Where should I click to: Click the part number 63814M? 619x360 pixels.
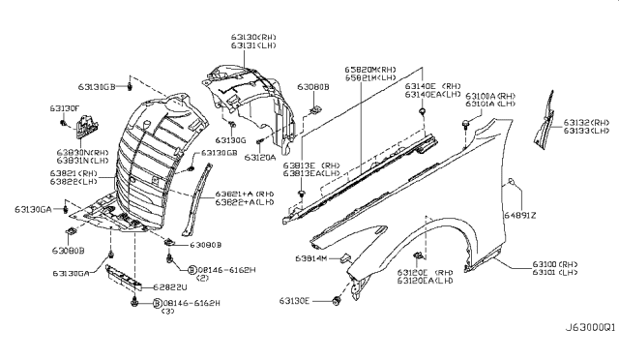click(x=309, y=260)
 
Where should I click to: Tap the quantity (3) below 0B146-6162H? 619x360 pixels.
click(x=171, y=313)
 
